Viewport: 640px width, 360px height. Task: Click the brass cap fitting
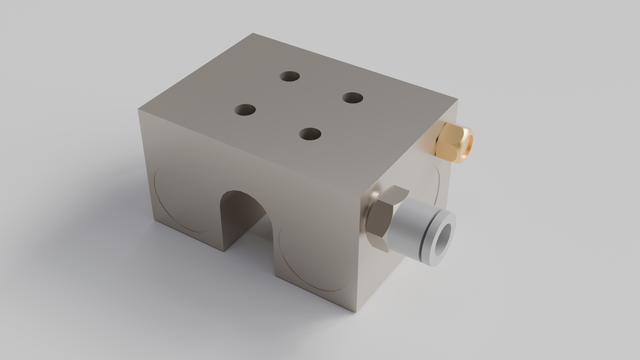(455, 141)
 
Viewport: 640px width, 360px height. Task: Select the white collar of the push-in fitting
(418, 231)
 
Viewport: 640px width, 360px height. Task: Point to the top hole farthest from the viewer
(290, 76)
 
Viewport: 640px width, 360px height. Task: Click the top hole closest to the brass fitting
(352, 97)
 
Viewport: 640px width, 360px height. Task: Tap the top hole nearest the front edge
(310, 133)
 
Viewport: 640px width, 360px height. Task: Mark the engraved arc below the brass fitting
(436, 185)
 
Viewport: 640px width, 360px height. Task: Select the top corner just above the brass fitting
(457, 99)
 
